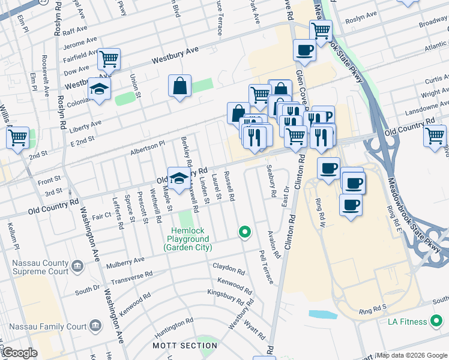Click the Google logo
[19, 353]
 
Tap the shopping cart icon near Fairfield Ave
[109, 59]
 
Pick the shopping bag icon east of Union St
[179, 86]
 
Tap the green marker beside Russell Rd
[244, 232]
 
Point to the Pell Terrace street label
[265, 267]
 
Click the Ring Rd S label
[373, 312]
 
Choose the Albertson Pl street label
[148, 148]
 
